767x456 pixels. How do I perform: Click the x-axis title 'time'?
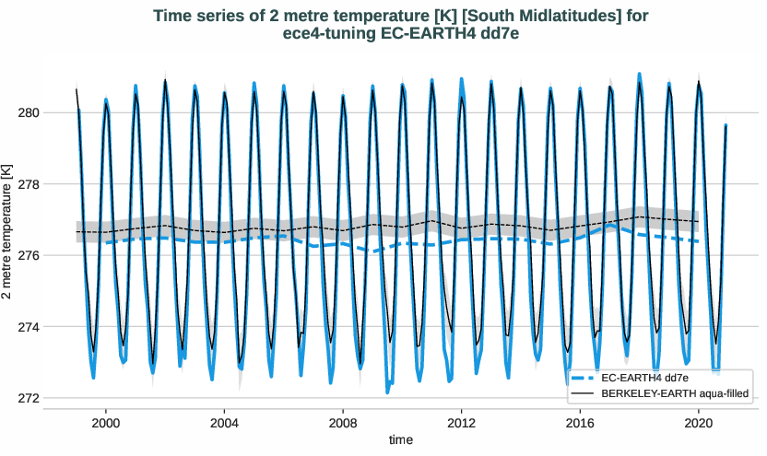tap(401, 440)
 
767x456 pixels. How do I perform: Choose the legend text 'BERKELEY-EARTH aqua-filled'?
tap(673, 393)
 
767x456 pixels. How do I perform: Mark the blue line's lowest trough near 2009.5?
tap(387, 392)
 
